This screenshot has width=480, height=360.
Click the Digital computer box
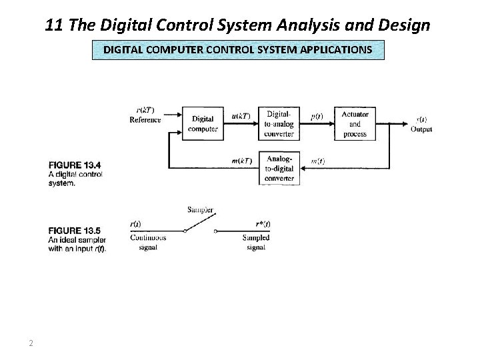tap(203, 124)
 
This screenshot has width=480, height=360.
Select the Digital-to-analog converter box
tap(279, 124)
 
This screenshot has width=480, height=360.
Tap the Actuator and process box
tap(355, 124)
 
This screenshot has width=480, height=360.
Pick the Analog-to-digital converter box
tap(279, 169)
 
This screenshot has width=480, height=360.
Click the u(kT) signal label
tap(241, 115)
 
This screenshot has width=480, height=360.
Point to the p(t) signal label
tap(317, 115)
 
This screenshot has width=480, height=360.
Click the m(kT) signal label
tap(241, 161)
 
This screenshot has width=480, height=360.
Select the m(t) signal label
tap(317, 161)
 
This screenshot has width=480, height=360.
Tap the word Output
tap(421, 129)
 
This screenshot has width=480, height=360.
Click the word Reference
tap(145, 120)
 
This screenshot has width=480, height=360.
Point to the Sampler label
tap(201, 209)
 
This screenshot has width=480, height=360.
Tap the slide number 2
tap(31, 343)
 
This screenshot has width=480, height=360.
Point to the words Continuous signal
tap(148, 242)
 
